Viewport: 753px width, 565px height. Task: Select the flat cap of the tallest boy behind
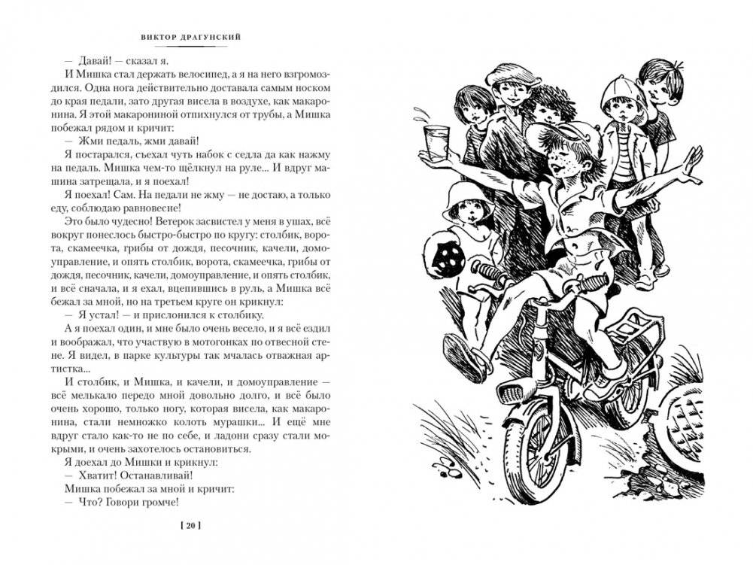[507, 76]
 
